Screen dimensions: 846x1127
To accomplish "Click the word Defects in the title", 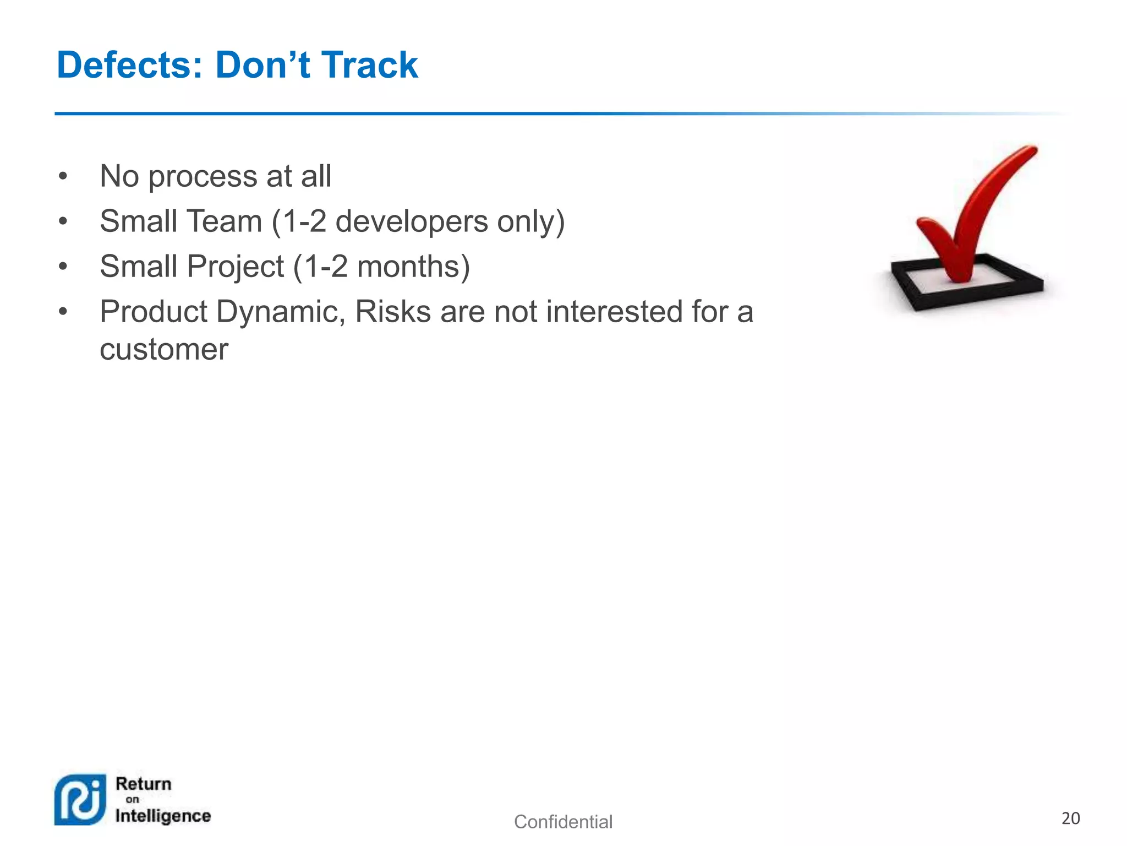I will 130,65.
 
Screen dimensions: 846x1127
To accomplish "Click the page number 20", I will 1070,818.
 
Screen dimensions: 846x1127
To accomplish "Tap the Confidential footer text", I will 563,822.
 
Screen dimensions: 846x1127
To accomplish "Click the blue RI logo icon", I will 80,800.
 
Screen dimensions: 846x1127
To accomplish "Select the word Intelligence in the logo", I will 163,816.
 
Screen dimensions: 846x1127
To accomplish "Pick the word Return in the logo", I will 144,784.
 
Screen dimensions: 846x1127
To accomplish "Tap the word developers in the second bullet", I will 412,222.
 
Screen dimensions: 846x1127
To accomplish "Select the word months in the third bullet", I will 409,267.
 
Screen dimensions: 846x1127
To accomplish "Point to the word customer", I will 164,350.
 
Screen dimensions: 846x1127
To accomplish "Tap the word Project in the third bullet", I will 236,267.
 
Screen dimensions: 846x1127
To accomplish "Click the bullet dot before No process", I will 63,177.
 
